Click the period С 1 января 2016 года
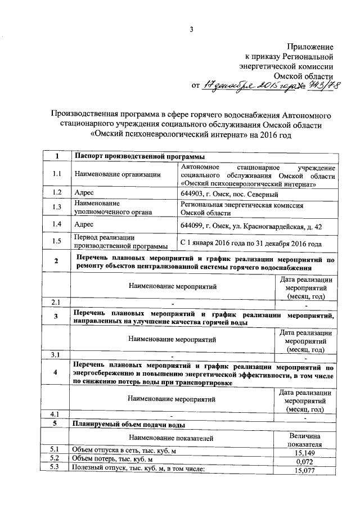click(x=251, y=244)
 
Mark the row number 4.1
click(x=55, y=415)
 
